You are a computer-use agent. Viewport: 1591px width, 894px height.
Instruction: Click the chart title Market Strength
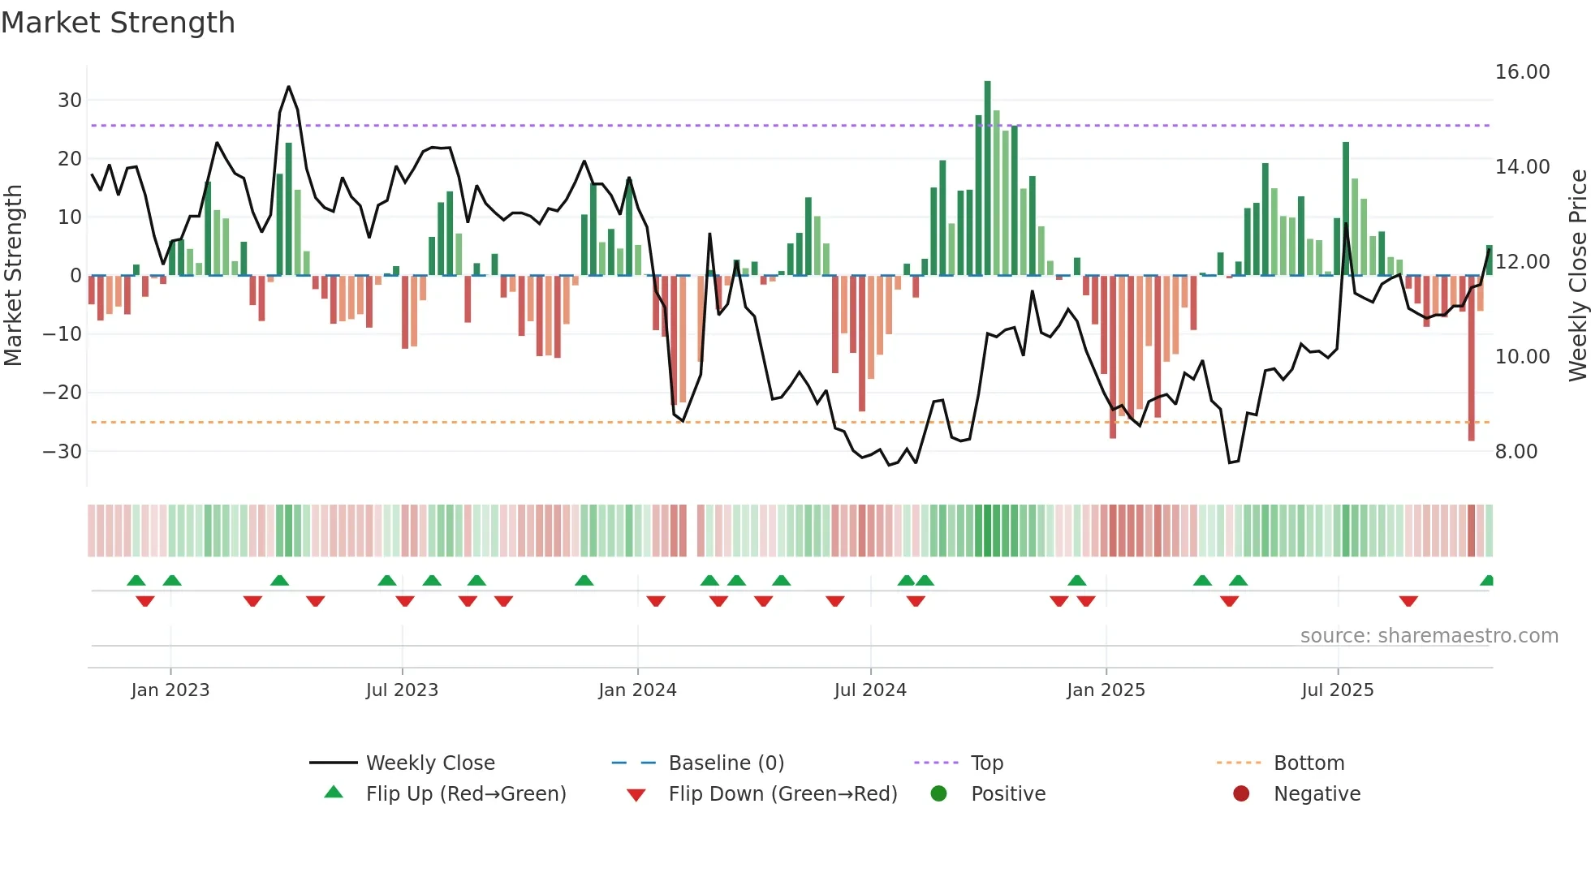click(118, 23)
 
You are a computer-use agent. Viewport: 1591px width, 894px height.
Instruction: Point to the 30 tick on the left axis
click(69, 101)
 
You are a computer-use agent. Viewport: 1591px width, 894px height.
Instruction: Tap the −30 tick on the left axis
click(63, 451)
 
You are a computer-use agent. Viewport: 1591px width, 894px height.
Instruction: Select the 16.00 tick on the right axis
click(1522, 72)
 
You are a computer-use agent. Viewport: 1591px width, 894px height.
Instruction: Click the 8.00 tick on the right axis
click(1516, 452)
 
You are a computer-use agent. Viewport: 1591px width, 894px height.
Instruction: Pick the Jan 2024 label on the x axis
click(637, 690)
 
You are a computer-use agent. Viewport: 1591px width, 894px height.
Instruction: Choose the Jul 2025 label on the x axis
click(1337, 690)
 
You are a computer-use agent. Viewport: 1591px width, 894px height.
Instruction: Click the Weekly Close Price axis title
click(1577, 276)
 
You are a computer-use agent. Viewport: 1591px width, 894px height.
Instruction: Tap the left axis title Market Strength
click(13, 276)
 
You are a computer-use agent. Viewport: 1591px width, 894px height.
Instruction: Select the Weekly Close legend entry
click(429, 763)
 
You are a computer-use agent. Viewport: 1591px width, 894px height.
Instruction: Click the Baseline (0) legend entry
click(726, 763)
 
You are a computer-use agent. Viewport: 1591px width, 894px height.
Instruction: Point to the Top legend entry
click(986, 763)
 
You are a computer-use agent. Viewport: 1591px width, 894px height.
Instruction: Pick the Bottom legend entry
click(1309, 763)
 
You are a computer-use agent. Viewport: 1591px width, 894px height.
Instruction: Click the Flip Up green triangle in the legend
click(334, 793)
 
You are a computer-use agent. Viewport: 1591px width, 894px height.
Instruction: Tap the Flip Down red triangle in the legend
click(636, 795)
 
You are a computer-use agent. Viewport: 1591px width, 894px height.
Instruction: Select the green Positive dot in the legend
click(938, 793)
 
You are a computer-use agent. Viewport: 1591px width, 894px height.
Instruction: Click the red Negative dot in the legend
click(1241, 793)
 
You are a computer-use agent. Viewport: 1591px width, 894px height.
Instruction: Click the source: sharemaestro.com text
click(1429, 636)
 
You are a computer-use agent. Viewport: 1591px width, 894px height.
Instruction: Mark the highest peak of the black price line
click(288, 87)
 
